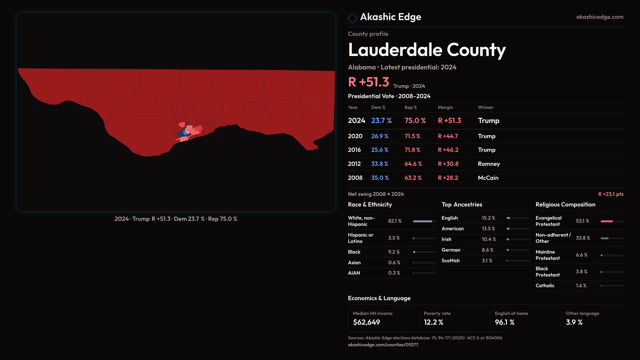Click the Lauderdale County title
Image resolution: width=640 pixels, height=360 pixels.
pos(427,50)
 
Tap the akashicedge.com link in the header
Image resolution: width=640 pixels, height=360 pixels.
pos(599,17)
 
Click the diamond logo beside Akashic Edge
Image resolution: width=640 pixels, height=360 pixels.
pos(352,18)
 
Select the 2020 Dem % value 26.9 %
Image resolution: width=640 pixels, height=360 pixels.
pos(380,136)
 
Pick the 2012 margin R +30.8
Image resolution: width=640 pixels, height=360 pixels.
pos(448,164)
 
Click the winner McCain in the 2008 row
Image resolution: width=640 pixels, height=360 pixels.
pos(488,178)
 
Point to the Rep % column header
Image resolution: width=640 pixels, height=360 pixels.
pos(411,108)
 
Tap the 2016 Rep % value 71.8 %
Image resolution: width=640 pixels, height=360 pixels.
pos(412,150)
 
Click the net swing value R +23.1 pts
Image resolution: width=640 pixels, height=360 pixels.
pos(611,194)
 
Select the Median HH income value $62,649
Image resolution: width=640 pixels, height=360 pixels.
pos(366,322)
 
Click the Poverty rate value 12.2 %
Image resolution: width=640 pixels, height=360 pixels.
pos(433,322)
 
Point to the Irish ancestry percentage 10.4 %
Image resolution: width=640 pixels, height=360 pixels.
pos(489,239)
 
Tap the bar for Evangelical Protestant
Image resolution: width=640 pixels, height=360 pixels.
pos(612,221)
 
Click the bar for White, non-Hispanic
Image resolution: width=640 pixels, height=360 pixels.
pos(424,221)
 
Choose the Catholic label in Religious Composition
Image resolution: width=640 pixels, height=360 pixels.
pos(545,286)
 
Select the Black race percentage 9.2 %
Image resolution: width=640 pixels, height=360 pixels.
pos(394,252)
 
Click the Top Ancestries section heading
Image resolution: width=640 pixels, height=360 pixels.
pos(462,205)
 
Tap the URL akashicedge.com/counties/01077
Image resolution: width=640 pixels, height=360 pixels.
pos(383,345)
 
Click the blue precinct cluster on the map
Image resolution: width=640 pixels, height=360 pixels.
pos(184,133)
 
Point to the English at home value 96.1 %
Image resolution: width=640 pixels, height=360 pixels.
pos(504,322)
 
